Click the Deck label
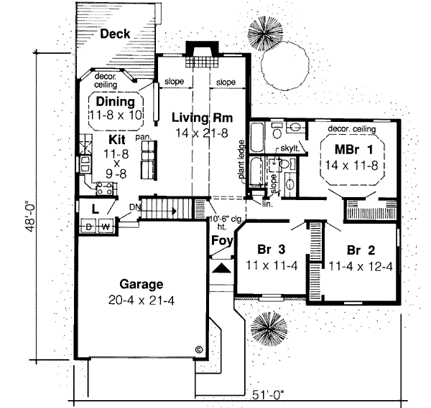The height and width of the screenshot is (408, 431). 115,34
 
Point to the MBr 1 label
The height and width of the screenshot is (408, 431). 353,151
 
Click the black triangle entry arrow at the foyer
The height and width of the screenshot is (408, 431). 223,267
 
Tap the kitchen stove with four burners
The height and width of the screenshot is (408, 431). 105,189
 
